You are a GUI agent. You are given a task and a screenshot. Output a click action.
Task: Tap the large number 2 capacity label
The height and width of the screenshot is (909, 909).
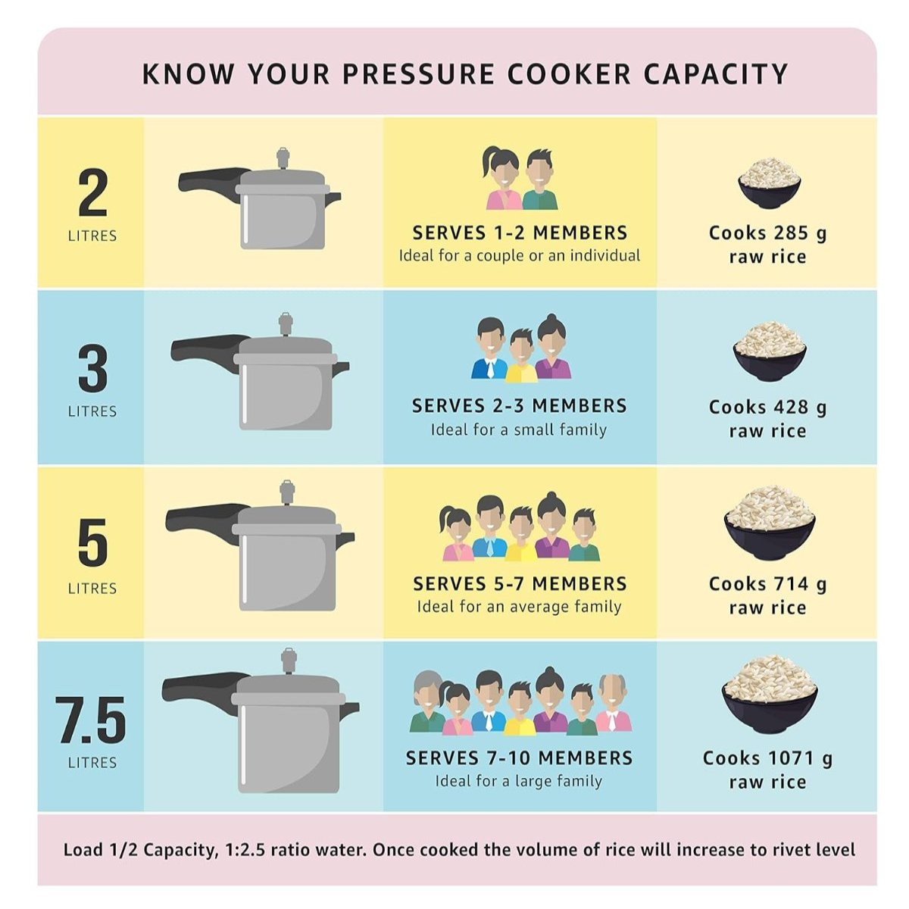(x=92, y=193)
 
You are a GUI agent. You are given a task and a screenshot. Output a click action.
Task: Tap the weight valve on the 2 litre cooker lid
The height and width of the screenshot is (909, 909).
(x=283, y=158)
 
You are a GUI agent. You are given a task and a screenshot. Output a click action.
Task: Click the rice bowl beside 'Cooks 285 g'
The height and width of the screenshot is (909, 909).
(x=769, y=182)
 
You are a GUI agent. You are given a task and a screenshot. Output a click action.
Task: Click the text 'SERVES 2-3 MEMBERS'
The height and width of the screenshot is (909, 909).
(x=519, y=406)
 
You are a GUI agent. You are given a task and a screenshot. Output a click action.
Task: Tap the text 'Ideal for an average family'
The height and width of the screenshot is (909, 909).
(x=519, y=607)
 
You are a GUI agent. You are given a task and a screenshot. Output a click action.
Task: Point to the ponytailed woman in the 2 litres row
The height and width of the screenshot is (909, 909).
(x=501, y=179)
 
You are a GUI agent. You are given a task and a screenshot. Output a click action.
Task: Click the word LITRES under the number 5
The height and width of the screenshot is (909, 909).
(x=92, y=589)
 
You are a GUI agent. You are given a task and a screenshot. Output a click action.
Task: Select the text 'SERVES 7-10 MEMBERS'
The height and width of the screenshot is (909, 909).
(x=519, y=758)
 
